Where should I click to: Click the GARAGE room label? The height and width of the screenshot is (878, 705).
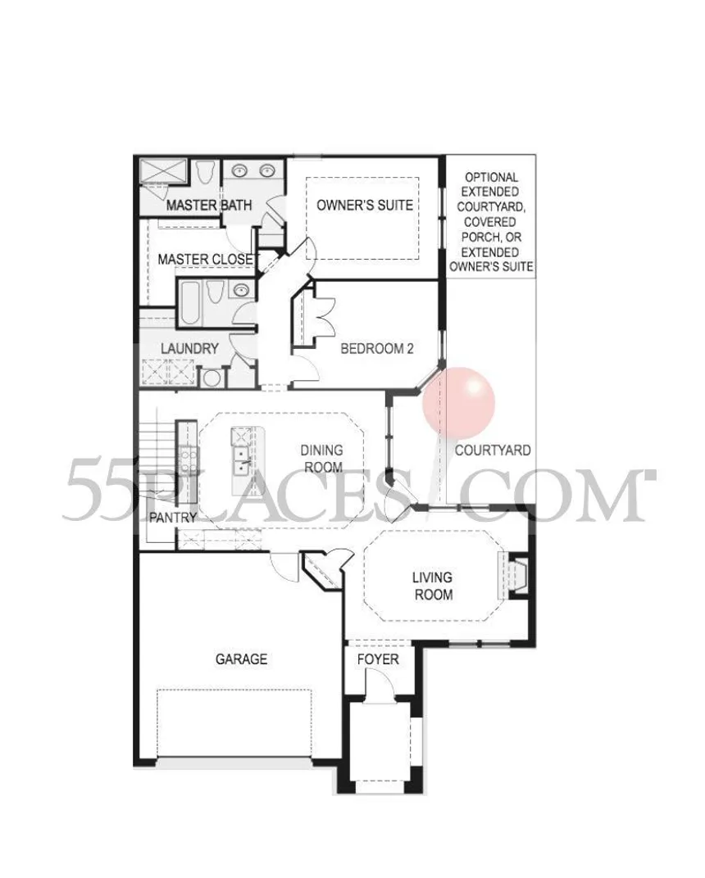(x=241, y=659)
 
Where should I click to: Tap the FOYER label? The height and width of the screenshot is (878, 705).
(x=378, y=659)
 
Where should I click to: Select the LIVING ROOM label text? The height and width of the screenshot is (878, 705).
(x=433, y=586)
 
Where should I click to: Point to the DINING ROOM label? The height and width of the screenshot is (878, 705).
(x=322, y=459)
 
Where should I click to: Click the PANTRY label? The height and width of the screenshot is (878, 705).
(x=173, y=518)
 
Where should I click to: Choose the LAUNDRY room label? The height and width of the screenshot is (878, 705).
(x=189, y=348)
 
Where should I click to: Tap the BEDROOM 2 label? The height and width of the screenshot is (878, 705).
(x=376, y=349)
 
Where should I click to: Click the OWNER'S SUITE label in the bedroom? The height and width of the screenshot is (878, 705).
(x=365, y=205)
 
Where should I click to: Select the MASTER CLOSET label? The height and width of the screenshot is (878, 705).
(x=206, y=260)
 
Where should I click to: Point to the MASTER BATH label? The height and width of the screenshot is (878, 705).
(x=209, y=206)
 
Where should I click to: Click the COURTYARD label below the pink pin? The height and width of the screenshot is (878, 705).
(x=493, y=450)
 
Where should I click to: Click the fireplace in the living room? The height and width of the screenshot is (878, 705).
(x=513, y=575)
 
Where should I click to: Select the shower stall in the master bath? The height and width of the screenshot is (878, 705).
(x=162, y=172)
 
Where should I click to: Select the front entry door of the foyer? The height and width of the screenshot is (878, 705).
(x=380, y=683)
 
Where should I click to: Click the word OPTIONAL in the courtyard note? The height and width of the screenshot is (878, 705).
(x=492, y=178)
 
